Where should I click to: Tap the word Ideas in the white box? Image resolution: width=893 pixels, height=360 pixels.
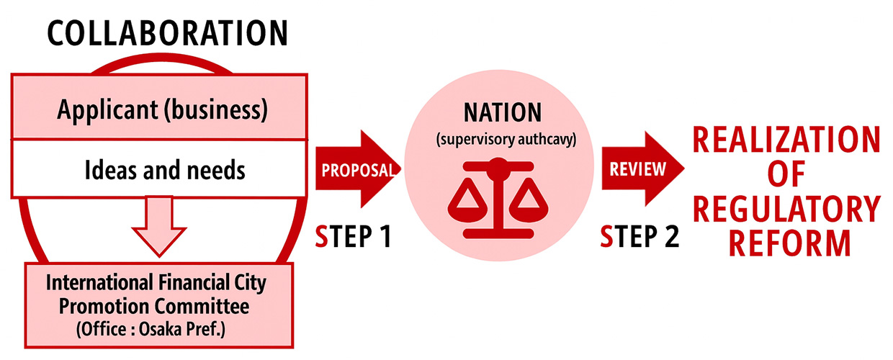coord(106,171)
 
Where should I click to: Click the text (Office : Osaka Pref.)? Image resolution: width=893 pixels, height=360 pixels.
coord(156,329)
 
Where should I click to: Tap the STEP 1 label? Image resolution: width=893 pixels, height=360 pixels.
coord(354,236)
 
